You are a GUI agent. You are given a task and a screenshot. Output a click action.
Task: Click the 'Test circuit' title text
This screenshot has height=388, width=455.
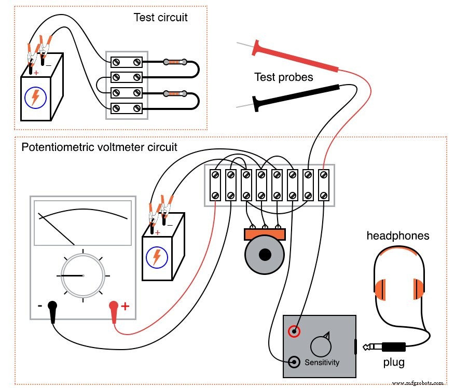160,17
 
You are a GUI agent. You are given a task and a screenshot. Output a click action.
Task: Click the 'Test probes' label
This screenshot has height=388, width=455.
283,77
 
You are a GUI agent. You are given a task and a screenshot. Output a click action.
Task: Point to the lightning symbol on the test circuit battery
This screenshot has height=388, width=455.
35,97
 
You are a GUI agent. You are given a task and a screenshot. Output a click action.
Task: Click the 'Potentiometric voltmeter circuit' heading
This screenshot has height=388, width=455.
99,147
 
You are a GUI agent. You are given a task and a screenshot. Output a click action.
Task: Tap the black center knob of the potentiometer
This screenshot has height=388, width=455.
266,255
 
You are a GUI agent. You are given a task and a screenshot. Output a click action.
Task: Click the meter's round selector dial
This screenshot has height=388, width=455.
82,275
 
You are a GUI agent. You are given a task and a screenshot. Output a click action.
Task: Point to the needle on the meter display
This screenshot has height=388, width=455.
57,228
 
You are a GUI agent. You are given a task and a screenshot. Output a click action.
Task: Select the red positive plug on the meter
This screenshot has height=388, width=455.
114,311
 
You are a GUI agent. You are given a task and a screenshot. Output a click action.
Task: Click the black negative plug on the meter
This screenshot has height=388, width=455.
52,310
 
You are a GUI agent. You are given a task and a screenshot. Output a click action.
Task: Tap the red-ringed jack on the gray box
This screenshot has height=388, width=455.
294,331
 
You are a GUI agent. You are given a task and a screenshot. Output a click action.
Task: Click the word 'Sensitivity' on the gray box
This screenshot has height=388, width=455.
322,362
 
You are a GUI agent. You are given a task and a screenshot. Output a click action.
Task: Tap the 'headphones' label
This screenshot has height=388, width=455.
398,235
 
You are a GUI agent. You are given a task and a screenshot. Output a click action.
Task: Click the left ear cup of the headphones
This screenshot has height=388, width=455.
380,289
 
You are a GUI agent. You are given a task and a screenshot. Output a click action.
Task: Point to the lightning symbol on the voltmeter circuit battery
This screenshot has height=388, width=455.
156,256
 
